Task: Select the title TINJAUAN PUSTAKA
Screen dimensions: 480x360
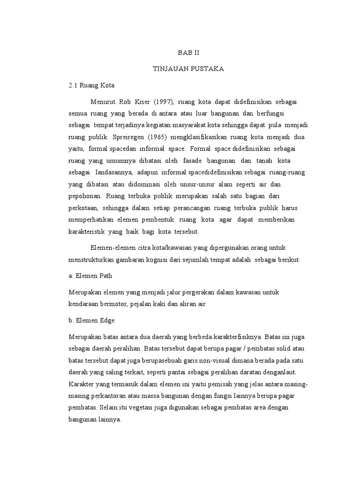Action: pos(188,69)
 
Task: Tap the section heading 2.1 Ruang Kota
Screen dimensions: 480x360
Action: pos(91,86)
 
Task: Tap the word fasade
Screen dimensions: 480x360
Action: pos(192,161)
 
